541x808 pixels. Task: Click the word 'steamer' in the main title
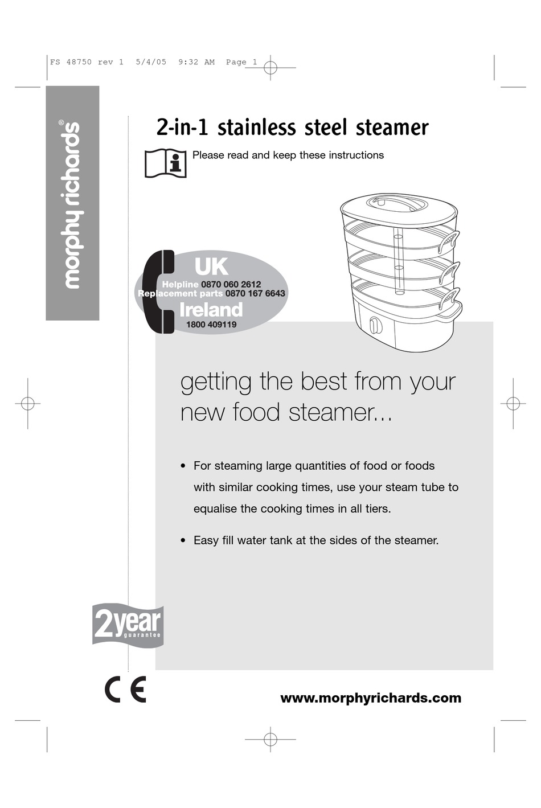pyautogui.click(x=392, y=128)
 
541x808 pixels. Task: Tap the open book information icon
pyautogui.click(x=165, y=163)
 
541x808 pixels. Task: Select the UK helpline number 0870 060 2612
pyautogui.click(x=231, y=284)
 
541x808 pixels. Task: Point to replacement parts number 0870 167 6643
pyautogui.click(x=255, y=293)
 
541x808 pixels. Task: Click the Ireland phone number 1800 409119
pyautogui.click(x=211, y=325)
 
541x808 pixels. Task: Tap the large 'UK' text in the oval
pyautogui.click(x=211, y=266)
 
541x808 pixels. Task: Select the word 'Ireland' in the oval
pyautogui.click(x=211, y=309)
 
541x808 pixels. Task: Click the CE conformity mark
pyautogui.click(x=125, y=690)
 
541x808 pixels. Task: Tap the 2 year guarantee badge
pyautogui.click(x=128, y=625)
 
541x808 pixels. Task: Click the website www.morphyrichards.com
pyautogui.click(x=371, y=698)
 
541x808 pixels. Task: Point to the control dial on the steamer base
pyautogui.click(x=375, y=326)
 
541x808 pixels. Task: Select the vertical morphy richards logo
pyautogui.click(x=72, y=204)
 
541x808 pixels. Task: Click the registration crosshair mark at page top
pyautogui.click(x=270, y=68)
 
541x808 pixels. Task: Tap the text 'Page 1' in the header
pyautogui.click(x=241, y=62)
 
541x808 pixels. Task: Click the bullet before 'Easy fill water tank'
pyautogui.click(x=183, y=540)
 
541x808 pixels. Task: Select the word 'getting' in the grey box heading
pyautogui.click(x=215, y=382)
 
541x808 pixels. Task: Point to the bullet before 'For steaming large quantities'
pyautogui.click(x=183, y=466)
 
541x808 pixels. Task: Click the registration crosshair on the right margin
pyautogui.click(x=513, y=403)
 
